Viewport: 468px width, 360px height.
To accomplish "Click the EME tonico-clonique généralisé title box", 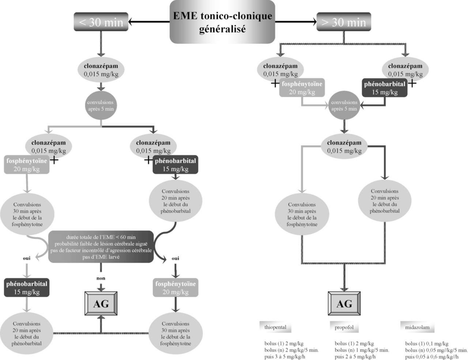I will [x=222, y=22].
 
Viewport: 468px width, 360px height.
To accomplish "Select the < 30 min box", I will [x=101, y=22].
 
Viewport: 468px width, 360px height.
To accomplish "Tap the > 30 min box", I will [x=344, y=22].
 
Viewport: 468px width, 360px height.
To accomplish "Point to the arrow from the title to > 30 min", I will [x=295, y=22].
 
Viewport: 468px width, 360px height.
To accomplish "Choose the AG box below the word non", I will [x=101, y=303].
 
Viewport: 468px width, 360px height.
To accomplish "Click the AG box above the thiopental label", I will [x=344, y=303].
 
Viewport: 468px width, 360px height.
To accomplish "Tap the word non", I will [x=101, y=278].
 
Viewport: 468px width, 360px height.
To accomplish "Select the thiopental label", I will [x=275, y=327].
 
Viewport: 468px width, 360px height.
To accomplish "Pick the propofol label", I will [x=344, y=327].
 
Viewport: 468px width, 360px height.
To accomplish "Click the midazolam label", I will [x=417, y=327].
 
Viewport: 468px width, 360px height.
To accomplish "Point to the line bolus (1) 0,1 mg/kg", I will [x=427, y=344].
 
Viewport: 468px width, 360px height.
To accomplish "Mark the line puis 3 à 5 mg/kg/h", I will [x=285, y=357].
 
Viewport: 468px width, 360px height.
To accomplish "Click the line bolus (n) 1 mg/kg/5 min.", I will [x=362, y=350].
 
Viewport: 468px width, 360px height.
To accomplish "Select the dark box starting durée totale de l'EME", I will [x=101, y=247].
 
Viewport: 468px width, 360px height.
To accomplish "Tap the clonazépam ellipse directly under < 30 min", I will [x=101, y=70].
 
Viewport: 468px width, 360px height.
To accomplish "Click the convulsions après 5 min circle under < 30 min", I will [x=101, y=106].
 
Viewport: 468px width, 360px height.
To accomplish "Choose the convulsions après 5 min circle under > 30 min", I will [x=344, y=106].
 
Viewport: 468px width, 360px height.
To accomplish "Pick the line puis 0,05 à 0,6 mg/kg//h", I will [x=432, y=357].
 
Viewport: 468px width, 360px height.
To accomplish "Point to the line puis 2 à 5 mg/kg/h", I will [x=355, y=357].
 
